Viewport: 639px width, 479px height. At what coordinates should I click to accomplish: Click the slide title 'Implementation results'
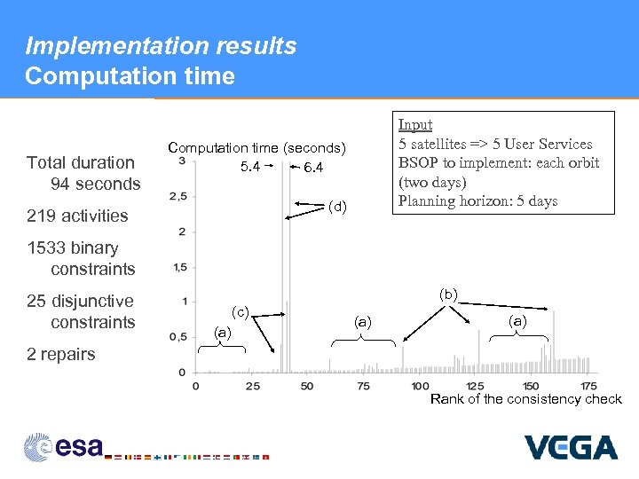click(x=161, y=46)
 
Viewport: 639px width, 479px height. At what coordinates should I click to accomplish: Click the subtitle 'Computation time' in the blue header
click(x=130, y=76)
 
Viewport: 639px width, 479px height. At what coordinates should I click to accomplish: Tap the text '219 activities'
click(x=77, y=216)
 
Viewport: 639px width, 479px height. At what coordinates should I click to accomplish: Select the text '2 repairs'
click(x=60, y=354)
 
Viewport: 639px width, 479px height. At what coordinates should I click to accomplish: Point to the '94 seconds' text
click(x=96, y=184)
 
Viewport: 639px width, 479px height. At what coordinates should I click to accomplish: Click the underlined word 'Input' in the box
click(x=415, y=125)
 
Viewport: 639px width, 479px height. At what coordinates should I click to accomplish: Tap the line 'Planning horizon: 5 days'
click(x=477, y=200)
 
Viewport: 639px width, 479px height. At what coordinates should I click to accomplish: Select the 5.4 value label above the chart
click(x=249, y=168)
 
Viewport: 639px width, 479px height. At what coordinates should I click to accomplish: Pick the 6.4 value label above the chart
click(x=312, y=168)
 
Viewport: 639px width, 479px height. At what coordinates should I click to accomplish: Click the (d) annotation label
click(x=337, y=208)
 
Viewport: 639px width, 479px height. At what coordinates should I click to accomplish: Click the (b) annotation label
click(x=448, y=294)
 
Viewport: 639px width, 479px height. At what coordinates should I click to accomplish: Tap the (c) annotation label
click(x=240, y=311)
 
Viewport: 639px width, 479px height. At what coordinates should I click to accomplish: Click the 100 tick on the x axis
click(x=420, y=386)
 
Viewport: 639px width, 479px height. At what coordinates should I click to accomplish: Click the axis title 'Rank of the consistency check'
click(x=525, y=399)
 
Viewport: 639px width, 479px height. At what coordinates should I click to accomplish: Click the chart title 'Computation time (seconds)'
click(x=256, y=147)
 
